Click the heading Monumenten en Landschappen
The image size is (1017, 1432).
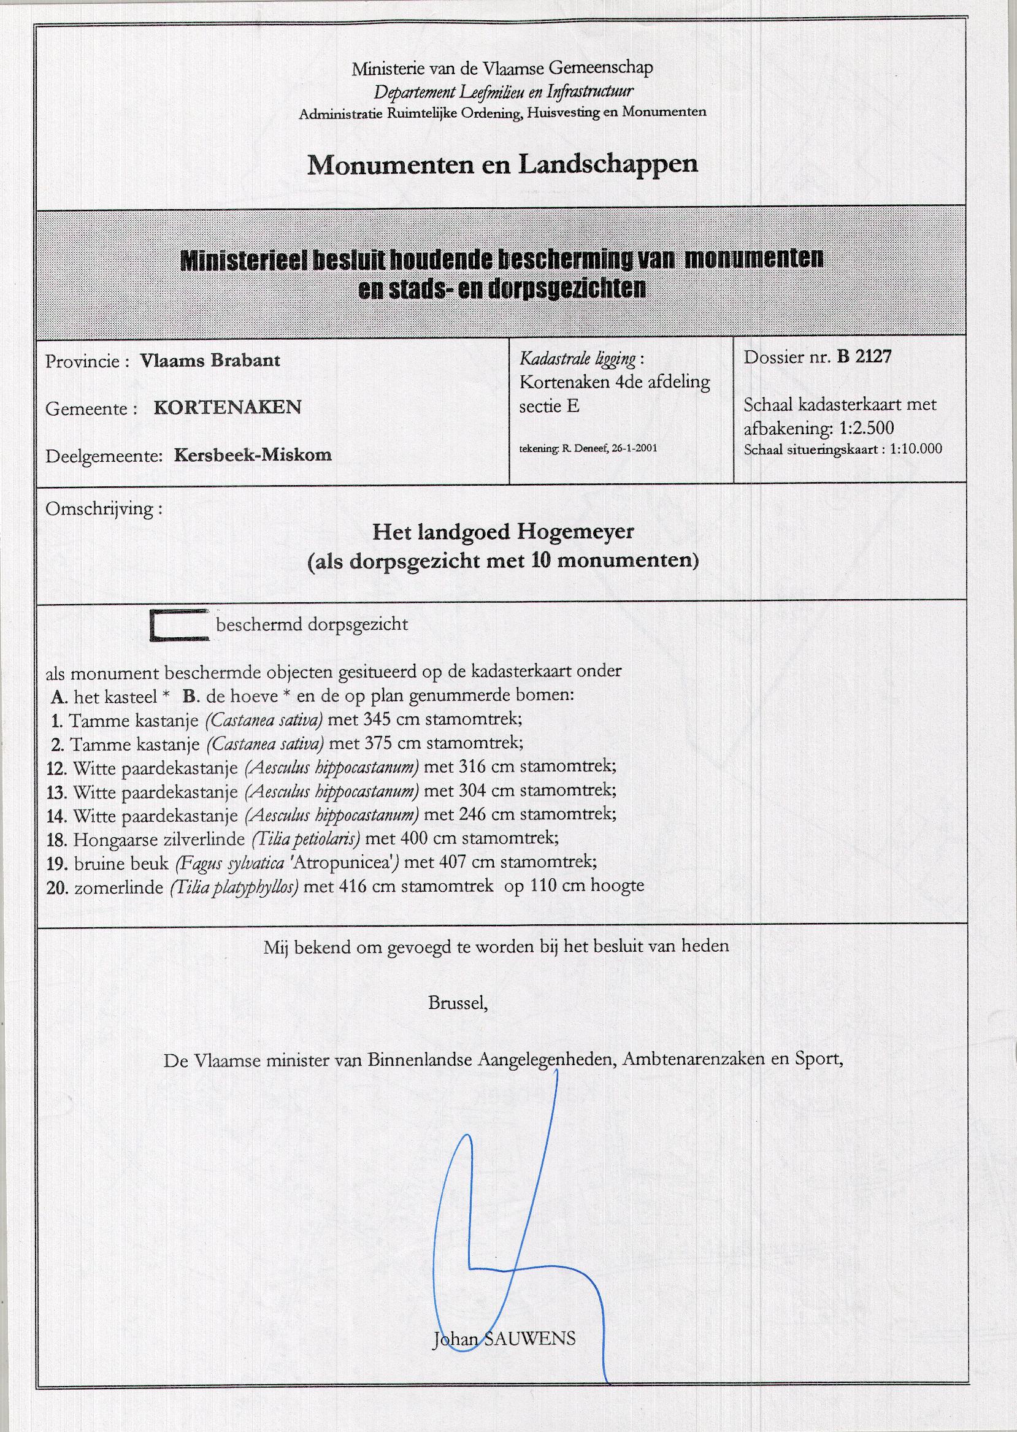(502, 164)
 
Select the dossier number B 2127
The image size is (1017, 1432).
(864, 357)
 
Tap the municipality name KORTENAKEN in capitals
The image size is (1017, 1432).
(228, 408)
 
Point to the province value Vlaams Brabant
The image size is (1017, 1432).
(210, 361)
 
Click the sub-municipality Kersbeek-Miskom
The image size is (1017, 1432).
(252, 454)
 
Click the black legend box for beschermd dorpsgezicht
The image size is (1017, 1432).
(179, 625)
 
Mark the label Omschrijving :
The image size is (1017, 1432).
(103, 508)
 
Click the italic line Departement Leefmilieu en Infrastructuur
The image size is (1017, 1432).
(503, 92)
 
